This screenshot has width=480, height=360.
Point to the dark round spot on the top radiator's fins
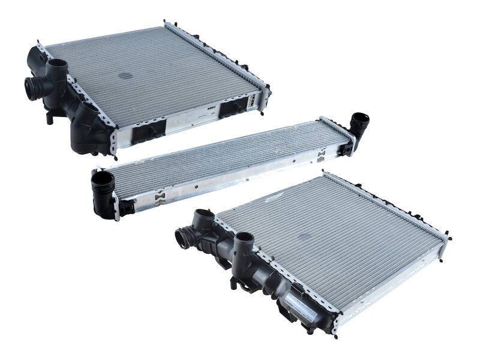coord(125,76)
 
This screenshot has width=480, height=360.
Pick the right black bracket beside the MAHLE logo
coord(234,108)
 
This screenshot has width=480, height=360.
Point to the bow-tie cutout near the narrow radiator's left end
coord(159,199)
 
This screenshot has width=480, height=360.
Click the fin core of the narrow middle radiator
coord(228,155)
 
